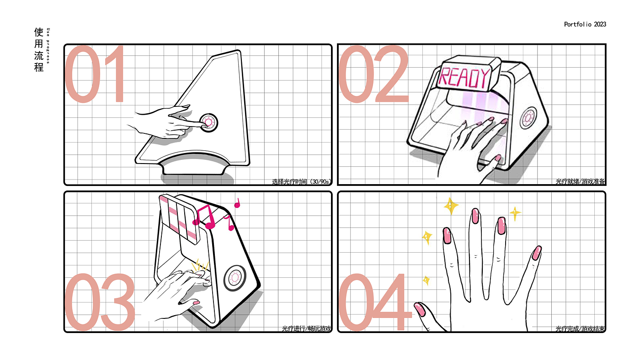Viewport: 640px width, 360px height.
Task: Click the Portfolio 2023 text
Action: pos(585,25)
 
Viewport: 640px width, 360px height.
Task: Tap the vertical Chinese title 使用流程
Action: pos(39,50)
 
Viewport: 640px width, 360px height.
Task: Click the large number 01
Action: pos(95,74)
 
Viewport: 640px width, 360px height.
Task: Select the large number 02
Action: pos(373,74)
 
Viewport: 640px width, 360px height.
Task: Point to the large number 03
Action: pos(100,302)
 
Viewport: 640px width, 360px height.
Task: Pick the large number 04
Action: pos(374,302)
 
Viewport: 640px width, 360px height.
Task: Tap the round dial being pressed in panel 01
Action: pos(208,122)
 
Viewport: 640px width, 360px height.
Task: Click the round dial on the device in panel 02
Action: pos(528,118)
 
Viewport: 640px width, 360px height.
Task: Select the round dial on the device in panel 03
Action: pos(235,278)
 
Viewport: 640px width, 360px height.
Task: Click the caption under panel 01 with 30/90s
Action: pos(302,181)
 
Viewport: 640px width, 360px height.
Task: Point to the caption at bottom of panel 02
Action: pos(580,181)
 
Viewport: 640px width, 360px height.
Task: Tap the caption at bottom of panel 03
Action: pos(307,328)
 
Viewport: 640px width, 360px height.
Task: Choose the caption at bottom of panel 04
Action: pos(580,328)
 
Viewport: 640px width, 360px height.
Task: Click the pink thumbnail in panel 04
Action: pos(420,309)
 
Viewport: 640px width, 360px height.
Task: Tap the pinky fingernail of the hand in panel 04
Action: pos(537,253)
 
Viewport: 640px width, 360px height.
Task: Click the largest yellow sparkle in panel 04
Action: pos(451,206)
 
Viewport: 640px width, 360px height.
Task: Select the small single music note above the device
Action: pos(237,203)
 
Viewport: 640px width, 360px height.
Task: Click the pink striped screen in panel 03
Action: pos(180,219)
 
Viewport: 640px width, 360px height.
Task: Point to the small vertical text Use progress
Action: pos(48,46)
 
